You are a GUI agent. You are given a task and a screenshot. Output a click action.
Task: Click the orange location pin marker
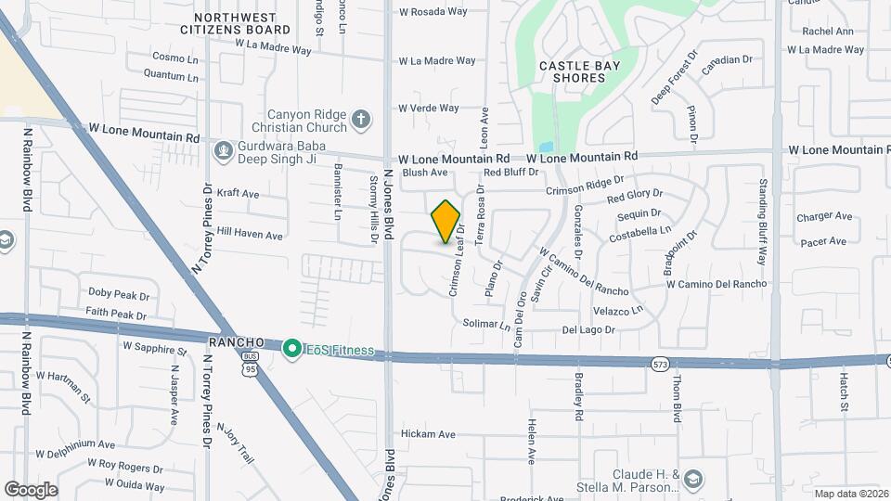tap(446, 222)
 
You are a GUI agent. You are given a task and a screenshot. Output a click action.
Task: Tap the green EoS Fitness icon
tap(291, 349)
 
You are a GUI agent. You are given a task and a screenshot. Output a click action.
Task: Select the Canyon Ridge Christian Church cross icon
tap(361, 120)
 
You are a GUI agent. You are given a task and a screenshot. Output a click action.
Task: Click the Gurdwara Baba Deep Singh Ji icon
tap(222, 149)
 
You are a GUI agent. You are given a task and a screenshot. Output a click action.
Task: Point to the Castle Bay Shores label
tap(572, 71)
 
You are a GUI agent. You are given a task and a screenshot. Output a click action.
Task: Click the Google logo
tap(31, 489)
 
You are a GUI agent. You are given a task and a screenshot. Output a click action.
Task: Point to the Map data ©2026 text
tap(849, 494)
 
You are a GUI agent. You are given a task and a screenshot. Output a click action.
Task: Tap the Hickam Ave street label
tap(428, 433)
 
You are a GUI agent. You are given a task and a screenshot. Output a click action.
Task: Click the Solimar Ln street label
tap(486, 325)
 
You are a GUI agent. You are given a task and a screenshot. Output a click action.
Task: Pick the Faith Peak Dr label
tap(117, 315)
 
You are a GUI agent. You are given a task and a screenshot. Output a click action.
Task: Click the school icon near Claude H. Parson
tap(691, 479)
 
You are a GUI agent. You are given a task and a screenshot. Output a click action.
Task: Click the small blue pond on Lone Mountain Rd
tap(546, 147)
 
